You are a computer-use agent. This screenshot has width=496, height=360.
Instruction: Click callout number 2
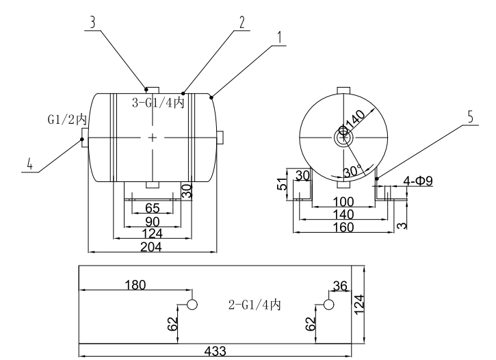point(241,21)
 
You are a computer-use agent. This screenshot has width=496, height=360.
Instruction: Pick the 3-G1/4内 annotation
point(158,103)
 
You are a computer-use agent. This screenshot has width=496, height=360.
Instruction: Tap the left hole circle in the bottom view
point(192,304)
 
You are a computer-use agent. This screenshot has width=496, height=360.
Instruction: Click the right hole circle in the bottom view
point(329,304)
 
